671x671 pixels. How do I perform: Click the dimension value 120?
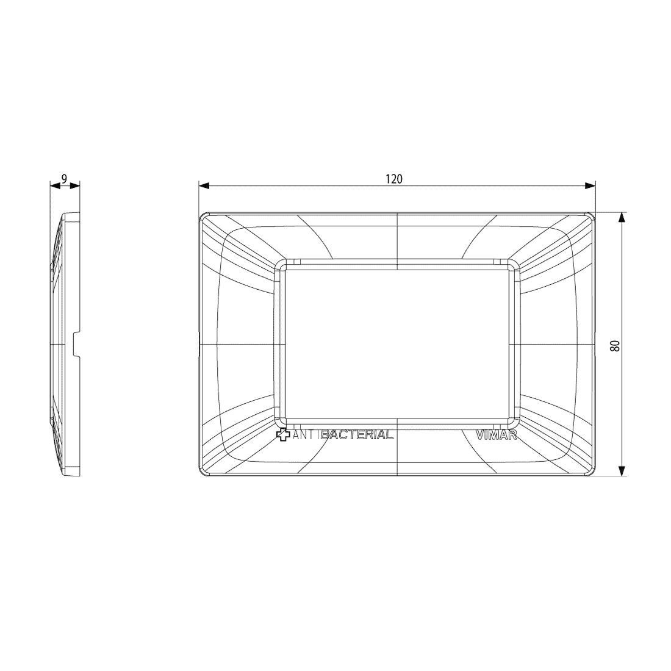[394, 179]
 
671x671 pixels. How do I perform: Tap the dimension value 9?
[64, 179]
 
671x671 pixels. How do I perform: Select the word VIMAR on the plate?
[497, 435]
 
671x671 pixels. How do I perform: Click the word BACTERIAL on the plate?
[357, 435]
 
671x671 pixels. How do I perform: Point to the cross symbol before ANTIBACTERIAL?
[283, 435]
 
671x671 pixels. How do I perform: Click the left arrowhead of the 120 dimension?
[204, 185]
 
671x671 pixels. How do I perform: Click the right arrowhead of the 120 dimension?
[590, 185]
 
